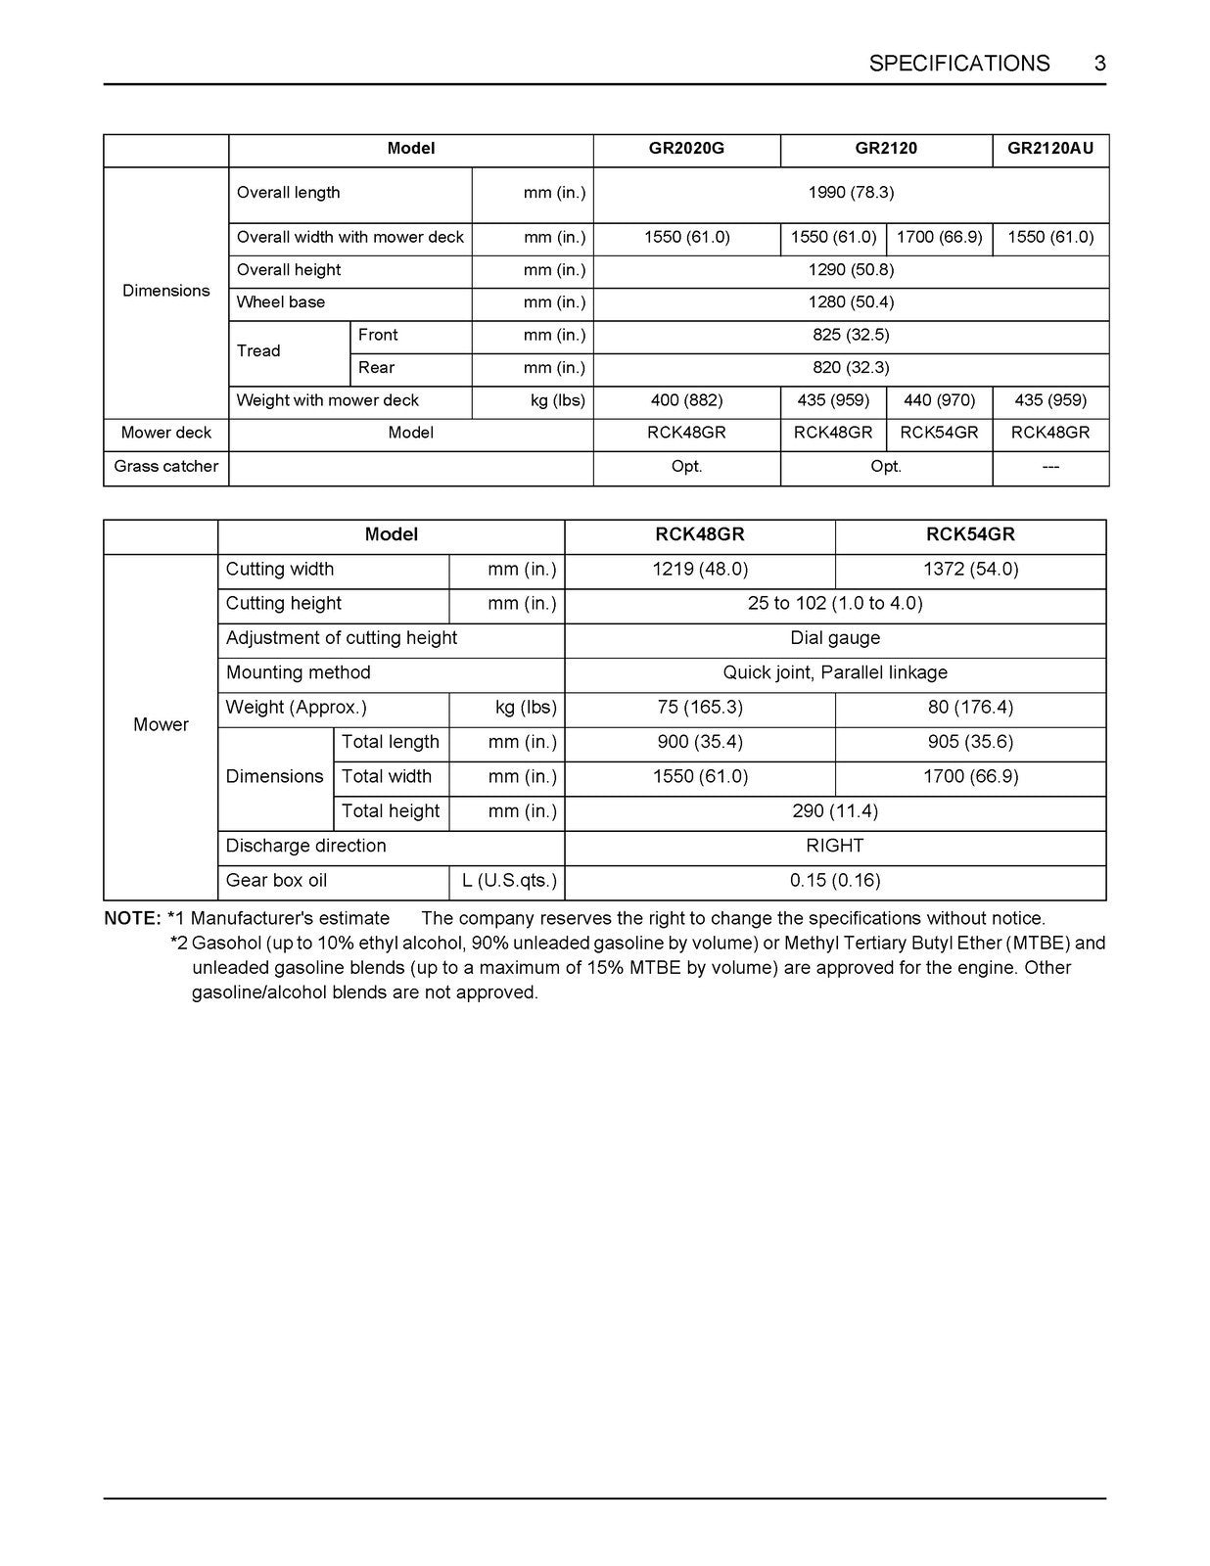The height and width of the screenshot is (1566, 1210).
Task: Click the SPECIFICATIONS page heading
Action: coord(958,64)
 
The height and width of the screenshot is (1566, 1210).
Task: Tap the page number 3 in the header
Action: coord(1099,64)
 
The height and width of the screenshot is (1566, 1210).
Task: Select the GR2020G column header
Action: coord(686,149)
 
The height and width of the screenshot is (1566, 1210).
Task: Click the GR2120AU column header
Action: coord(1050,149)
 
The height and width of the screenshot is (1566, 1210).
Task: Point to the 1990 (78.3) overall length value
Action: coord(851,193)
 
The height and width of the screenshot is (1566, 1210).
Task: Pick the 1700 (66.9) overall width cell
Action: coord(939,237)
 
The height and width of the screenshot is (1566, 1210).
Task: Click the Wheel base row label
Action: coord(281,302)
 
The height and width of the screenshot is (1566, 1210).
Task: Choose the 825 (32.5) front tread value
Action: coord(851,335)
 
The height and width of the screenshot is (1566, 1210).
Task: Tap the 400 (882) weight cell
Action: coord(686,400)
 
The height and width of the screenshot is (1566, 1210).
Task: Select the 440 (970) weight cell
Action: coord(939,400)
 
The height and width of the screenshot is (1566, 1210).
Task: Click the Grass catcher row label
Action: coord(165,466)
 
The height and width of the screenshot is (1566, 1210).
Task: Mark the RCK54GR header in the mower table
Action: coord(970,534)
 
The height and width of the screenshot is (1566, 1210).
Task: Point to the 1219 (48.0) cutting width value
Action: coord(700,570)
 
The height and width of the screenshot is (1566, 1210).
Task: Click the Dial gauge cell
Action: coord(835,638)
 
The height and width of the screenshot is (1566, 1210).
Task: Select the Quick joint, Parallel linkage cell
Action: coord(835,672)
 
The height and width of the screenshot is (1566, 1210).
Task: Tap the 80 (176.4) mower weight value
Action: coord(970,707)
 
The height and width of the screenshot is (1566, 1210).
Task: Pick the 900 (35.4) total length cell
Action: coord(700,742)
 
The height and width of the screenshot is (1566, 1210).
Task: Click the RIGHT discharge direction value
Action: coord(835,846)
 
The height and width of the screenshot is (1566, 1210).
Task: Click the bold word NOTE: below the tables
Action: coord(132,919)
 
